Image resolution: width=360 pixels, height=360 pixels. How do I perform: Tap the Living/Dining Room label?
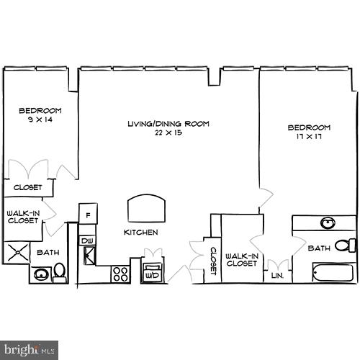(168, 124)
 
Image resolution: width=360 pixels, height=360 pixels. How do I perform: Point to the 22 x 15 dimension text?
(168, 133)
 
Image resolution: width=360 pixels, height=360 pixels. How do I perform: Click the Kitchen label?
(140, 233)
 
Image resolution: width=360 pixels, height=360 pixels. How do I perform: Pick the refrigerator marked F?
(88, 215)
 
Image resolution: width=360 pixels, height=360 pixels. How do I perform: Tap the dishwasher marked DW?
(87, 240)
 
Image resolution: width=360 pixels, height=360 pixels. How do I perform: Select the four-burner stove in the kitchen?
(120, 274)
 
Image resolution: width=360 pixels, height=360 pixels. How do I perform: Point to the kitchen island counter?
(146, 210)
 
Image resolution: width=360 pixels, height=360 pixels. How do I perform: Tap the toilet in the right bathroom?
(347, 246)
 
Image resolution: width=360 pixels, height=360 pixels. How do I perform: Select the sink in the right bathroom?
(328, 222)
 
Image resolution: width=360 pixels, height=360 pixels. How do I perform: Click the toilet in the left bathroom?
(60, 271)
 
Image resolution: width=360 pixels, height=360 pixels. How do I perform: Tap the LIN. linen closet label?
(276, 275)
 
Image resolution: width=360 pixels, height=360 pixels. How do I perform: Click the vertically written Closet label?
(213, 261)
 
